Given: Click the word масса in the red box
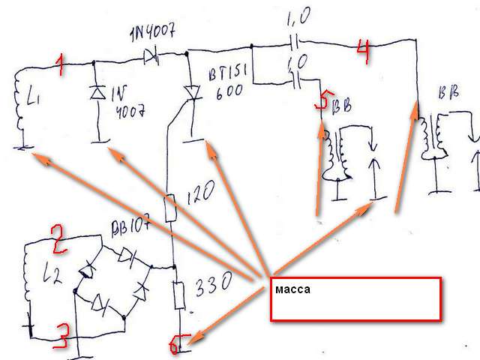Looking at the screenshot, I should pyautogui.click(x=291, y=289).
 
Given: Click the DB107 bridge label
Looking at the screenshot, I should pyautogui.click(x=130, y=227).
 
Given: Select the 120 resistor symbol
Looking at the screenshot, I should pyautogui.click(x=171, y=207).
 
